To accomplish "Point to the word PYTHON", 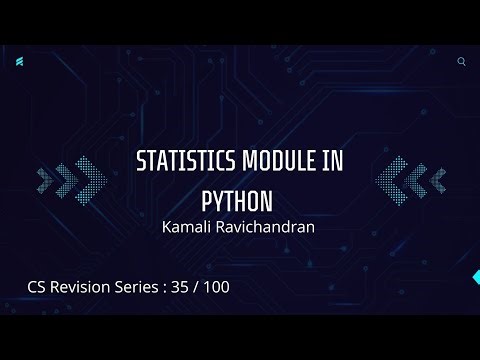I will pyautogui.click(x=238, y=195).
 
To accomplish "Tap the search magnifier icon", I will pyautogui.click(x=461, y=61).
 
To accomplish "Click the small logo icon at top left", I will pyautogui.click(x=20, y=62).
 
